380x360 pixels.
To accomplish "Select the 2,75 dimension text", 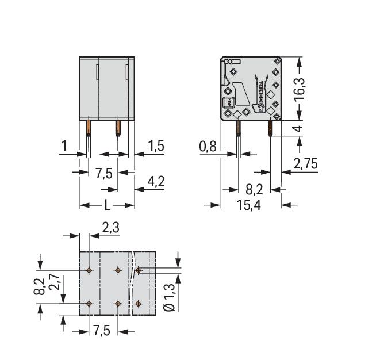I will pyautogui.click(x=305, y=164).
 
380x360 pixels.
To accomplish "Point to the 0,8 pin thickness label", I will pyautogui.click(x=208, y=147).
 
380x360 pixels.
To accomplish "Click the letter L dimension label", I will pyautogui.click(x=107, y=205).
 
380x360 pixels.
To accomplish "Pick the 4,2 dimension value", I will pyautogui.click(x=156, y=182).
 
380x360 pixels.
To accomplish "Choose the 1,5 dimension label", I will pyautogui.click(x=156, y=146).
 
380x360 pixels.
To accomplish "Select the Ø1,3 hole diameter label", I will pyautogui.click(x=169, y=298).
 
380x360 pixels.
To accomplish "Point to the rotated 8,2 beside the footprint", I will pyautogui.click(x=39, y=286).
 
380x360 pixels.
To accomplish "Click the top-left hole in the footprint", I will pyautogui.click(x=89, y=270).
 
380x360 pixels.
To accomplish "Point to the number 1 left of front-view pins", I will pyautogui.click(x=65, y=147).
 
